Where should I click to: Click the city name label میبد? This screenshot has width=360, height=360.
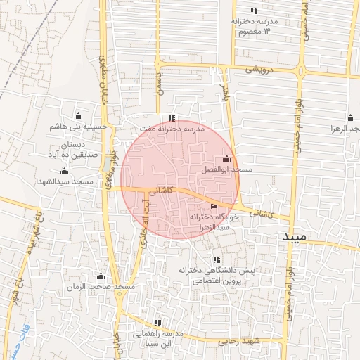click(x=295, y=237)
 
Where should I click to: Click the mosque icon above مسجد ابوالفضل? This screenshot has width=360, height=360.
click(x=226, y=159)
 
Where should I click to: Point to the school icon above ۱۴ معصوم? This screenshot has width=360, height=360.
click(x=254, y=11)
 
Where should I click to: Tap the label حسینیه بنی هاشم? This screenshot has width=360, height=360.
click(x=77, y=127)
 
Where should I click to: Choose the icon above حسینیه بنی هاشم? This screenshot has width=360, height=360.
click(x=77, y=115)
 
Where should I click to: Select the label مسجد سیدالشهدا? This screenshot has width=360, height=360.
click(x=65, y=181)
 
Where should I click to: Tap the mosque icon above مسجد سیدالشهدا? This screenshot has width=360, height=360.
click(x=64, y=171)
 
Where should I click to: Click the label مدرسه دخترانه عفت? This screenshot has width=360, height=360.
click(x=171, y=129)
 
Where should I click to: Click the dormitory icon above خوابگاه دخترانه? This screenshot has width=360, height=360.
click(x=214, y=207)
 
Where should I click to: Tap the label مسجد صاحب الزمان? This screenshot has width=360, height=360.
click(x=100, y=287)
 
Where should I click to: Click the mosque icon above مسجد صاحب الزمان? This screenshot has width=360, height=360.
click(x=100, y=276)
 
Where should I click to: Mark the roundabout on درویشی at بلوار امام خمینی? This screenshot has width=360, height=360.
click(x=300, y=72)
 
